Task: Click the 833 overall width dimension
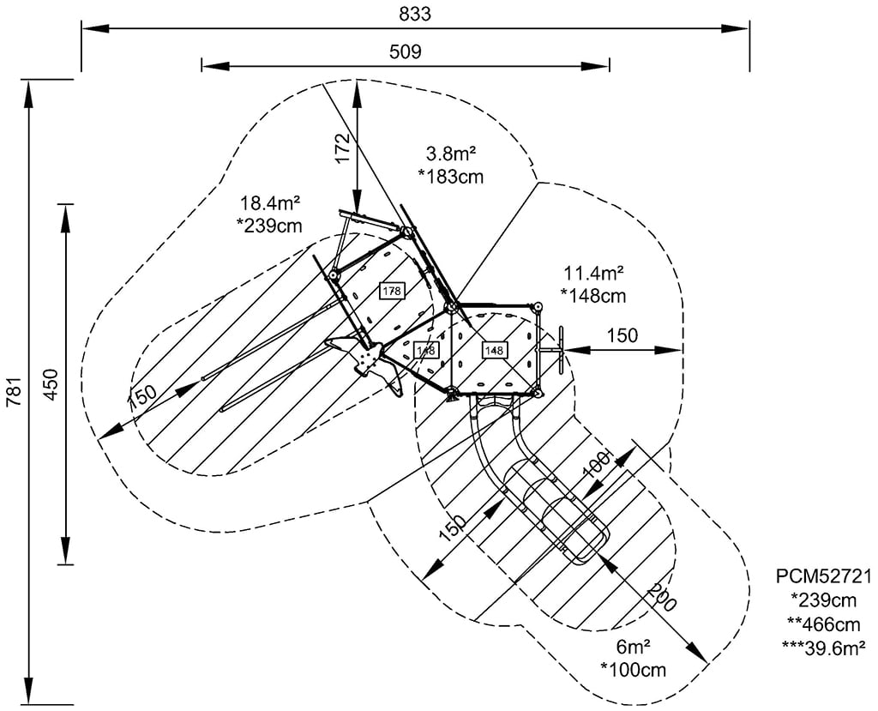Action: (x=414, y=14)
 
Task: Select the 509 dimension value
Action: (x=405, y=51)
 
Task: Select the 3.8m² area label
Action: (x=451, y=154)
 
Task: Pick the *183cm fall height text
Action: (x=451, y=177)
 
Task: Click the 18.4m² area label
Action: (x=269, y=203)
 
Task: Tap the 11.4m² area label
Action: (x=593, y=274)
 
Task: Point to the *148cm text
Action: (x=593, y=296)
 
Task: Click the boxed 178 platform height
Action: (x=392, y=292)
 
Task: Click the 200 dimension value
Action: (x=661, y=597)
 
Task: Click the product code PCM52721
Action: (x=823, y=576)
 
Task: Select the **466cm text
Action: (x=823, y=621)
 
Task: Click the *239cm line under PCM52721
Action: (x=823, y=599)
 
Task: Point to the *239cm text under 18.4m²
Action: (x=269, y=226)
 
